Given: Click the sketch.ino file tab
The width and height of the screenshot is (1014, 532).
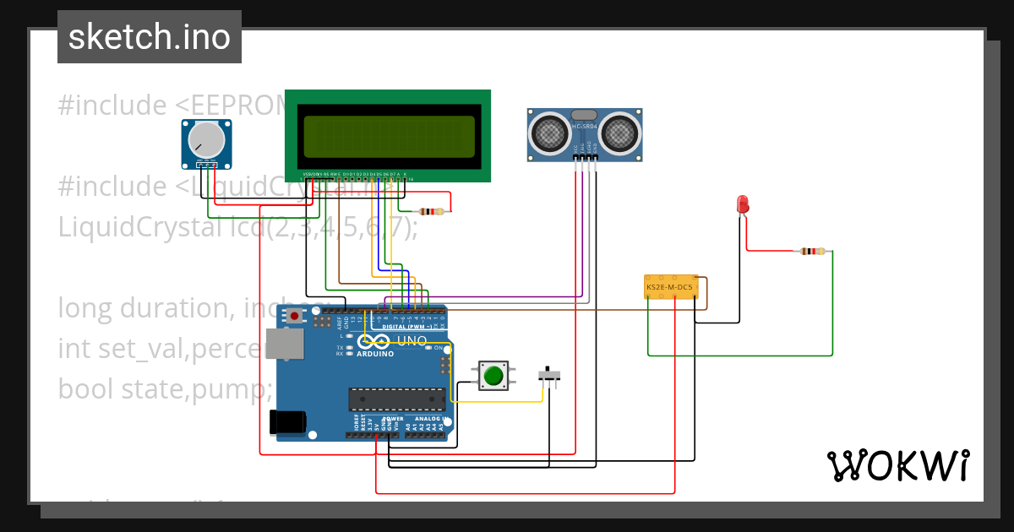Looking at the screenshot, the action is [149, 37].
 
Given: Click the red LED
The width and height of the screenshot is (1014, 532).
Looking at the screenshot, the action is [742, 204].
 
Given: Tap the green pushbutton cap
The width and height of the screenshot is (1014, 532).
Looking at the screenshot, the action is [493, 375].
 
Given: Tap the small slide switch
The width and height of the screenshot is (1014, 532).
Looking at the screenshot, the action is [550, 374].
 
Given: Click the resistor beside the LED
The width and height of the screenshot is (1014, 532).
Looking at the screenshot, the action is [813, 251].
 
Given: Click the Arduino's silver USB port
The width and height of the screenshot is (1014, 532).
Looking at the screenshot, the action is [284, 345].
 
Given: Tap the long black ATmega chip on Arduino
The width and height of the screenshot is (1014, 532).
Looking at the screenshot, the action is [397, 399].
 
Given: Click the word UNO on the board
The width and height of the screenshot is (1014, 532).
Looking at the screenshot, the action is [412, 341].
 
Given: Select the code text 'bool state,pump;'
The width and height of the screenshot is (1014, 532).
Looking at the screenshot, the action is [166, 388].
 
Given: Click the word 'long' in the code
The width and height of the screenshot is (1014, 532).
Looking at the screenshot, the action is [85, 307].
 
